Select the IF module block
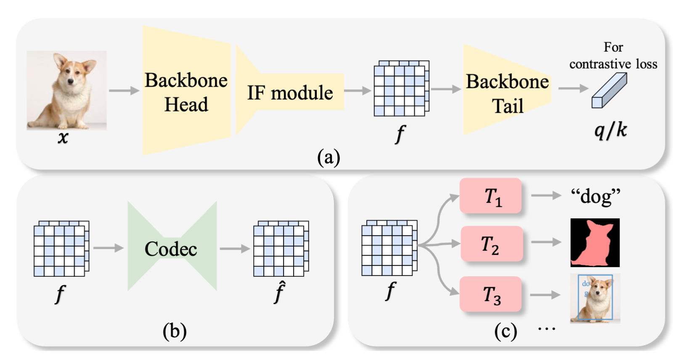289,93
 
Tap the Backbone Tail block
507,93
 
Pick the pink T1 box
491,196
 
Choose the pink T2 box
491,244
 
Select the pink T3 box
491,294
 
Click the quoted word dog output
595,196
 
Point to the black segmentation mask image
595,243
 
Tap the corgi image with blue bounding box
595,298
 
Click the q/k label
610,130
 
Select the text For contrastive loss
613,56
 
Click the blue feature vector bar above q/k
609,90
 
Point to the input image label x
63,138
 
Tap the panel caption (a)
329,157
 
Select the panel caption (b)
174,331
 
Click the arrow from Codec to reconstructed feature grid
235,249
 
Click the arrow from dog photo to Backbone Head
124,90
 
